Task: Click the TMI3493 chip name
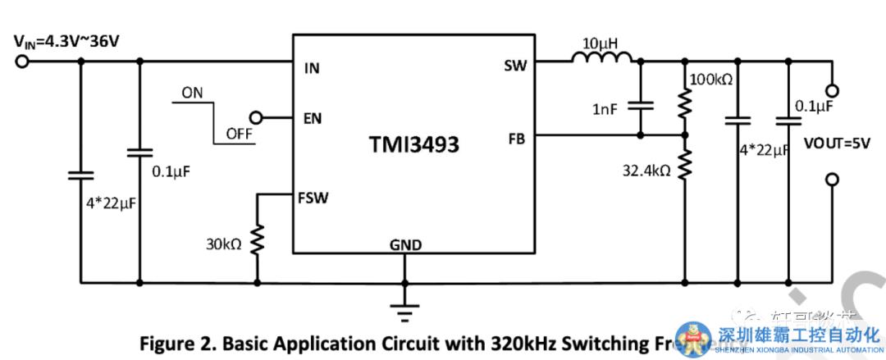(413, 145)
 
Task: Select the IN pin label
(312, 68)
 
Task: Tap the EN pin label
(313, 118)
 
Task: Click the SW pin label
(514, 66)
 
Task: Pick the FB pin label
(516, 139)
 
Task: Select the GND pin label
(405, 245)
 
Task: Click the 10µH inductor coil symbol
(601, 58)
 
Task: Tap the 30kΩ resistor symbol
(256, 240)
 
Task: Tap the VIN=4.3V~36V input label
(66, 40)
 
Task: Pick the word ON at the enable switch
(193, 93)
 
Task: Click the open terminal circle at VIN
(21, 60)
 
